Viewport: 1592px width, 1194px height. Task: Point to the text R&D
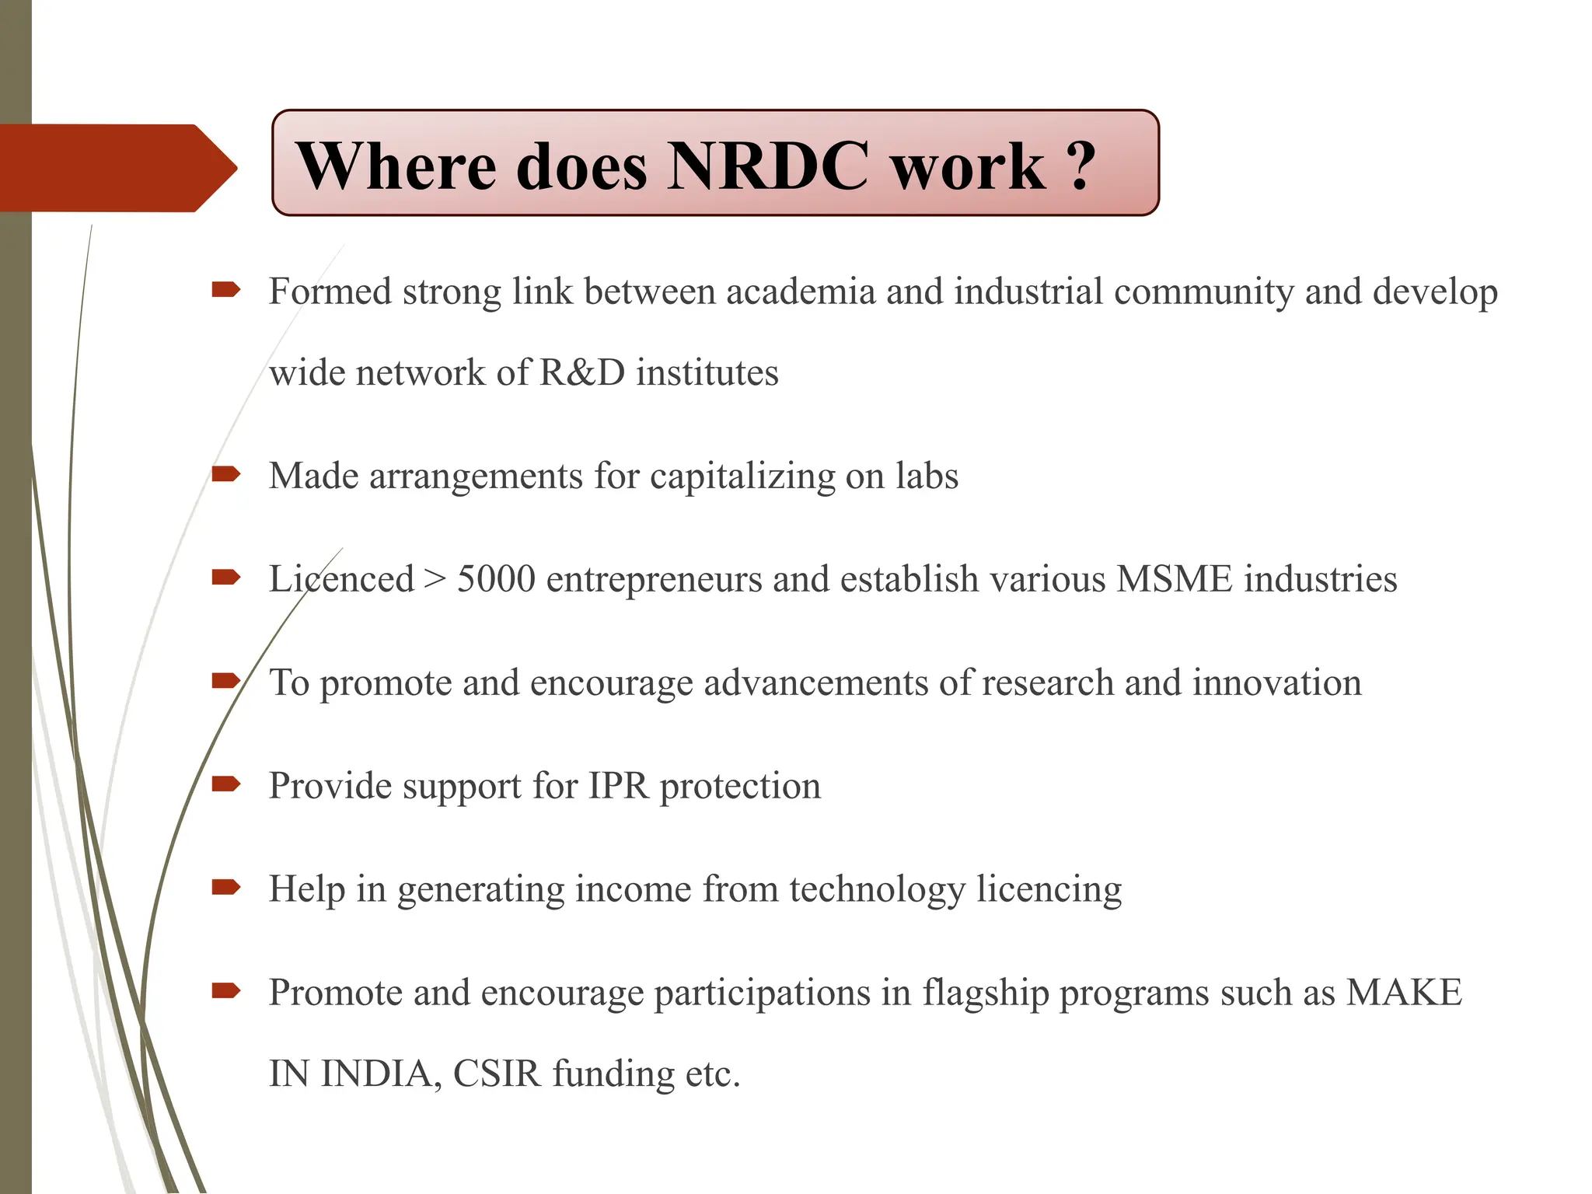pyautogui.click(x=582, y=372)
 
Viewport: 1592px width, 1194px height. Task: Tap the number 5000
pyautogui.click(x=496, y=579)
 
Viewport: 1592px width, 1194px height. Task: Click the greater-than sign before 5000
pyautogui.click(x=435, y=579)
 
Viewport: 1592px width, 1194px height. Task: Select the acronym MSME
pyautogui.click(x=1174, y=579)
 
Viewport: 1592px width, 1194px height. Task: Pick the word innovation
pyautogui.click(x=1276, y=683)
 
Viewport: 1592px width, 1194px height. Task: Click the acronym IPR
pyautogui.click(x=618, y=786)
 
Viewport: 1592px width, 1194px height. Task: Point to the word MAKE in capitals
pyautogui.click(x=1404, y=993)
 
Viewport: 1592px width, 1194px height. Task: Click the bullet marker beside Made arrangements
pyautogui.click(x=225, y=473)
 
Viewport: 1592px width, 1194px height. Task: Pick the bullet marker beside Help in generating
pyautogui.click(x=225, y=887)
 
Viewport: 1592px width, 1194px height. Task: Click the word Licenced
pyautogui.click(x=341, y=579)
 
